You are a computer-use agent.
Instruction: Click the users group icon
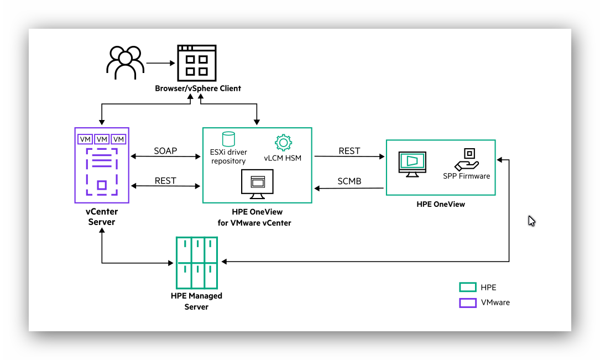125,62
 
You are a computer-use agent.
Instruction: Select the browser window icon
196,64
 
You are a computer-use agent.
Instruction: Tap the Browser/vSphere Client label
197,88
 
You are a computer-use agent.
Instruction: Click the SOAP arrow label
165,151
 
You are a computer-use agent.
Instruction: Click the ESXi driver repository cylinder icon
228,139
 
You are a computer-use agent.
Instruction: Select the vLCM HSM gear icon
283,142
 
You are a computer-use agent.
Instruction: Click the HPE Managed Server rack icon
196,263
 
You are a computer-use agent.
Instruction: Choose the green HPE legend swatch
467,288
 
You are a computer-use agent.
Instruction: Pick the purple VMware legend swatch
467,302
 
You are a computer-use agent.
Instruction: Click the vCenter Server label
102,217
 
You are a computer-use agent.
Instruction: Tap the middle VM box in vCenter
102,139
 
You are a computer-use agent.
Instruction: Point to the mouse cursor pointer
531,221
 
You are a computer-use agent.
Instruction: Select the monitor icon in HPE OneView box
412,164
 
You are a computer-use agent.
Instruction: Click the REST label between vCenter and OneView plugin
165,181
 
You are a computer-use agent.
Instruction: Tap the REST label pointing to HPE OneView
349,151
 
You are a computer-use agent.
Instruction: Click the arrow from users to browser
160,63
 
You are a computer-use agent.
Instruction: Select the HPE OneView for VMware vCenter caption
257,217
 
